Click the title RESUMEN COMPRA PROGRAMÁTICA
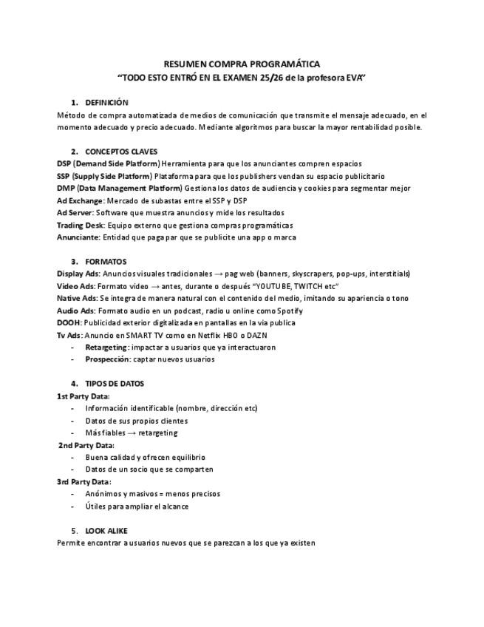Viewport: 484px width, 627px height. pyautogui.click(x=242, y=64)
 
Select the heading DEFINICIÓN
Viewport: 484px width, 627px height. pyautogui.click(x=106, y=103)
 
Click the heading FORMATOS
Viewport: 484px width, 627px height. pyautogui.click(x=106, y=262)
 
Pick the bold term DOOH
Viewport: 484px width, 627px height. pyautogui.click(x=69, y=322)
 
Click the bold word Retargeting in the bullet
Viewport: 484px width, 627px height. pyautogui.click(x=106, y=347)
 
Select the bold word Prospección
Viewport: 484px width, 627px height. pyautogui.click(x=107, y=359)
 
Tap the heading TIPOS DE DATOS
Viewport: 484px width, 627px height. pyautogui.click(x=115, y=384)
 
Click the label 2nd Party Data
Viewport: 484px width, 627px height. pyautogui.click(x=86, y=445)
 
